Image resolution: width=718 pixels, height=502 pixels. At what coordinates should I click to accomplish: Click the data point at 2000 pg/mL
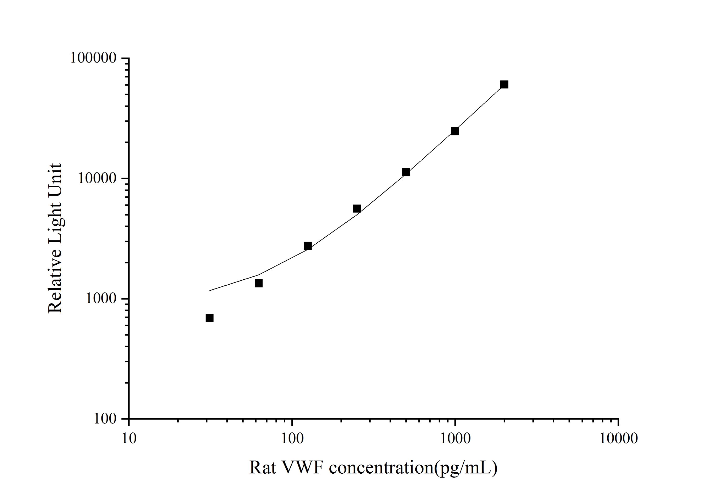pos(504,85)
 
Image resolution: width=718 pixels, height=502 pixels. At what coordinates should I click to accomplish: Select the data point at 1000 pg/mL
pos(455,131)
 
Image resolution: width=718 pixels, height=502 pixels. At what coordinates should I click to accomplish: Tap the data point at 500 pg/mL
pos(406,172)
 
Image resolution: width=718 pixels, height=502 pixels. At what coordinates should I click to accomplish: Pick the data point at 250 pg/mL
pos(357,208)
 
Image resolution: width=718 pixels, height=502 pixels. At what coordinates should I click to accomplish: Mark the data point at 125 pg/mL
pos(308,246)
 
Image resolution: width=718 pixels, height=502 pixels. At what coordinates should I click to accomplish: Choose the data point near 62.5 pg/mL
pos(259,283)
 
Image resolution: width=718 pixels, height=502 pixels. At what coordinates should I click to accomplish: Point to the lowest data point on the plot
pos(210,318)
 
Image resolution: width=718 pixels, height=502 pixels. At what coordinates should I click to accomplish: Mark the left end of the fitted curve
pos(210,291)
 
